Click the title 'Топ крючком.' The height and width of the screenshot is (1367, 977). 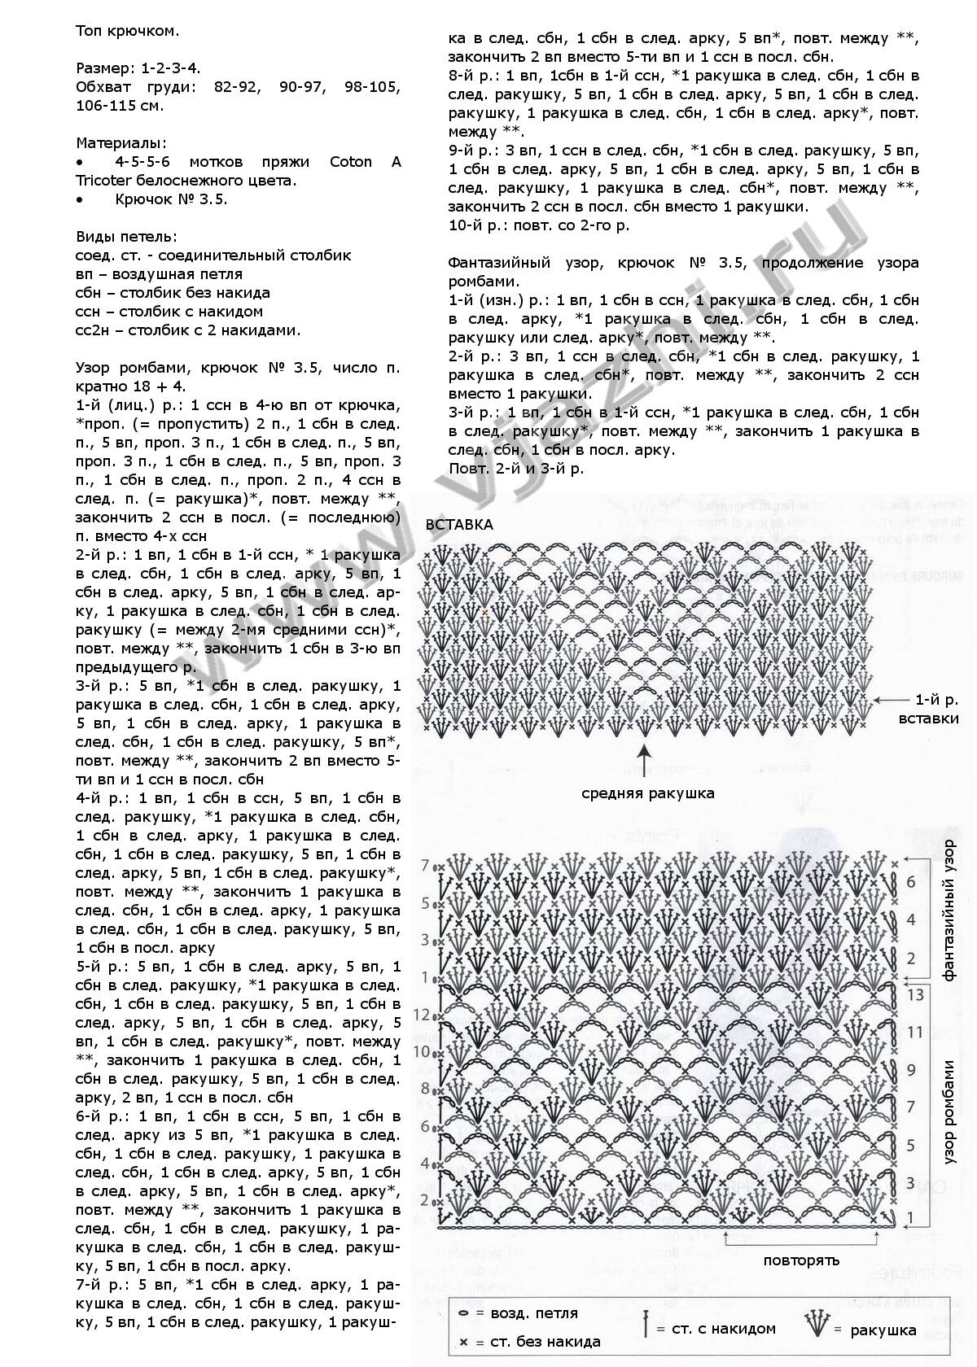point(127,31)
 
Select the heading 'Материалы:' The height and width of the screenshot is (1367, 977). point(121,143)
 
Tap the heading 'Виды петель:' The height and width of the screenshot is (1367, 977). point(126,237)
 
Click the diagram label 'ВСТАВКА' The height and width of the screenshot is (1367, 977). point(459,524)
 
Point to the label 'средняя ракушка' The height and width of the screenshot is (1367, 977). point(648,793)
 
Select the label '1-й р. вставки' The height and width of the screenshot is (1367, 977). point(929,709)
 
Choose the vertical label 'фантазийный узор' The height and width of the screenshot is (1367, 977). point(949,911)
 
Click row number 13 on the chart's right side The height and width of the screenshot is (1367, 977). point(915,994)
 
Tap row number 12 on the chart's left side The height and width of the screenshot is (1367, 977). point(422,1015)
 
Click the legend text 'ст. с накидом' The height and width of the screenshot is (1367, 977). point(723,1329)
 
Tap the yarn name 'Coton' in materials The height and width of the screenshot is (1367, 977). point(351,162)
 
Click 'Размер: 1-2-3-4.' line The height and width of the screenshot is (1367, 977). point(138,68)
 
